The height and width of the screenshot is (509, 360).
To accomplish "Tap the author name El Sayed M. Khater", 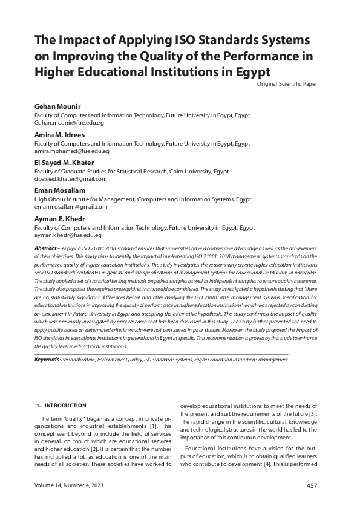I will pos(67,163).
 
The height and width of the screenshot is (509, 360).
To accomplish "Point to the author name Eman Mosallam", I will pos(60,191).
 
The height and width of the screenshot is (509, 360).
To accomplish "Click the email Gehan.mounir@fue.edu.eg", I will pos(69,123).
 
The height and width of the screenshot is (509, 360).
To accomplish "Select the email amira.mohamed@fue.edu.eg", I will pos(71,151).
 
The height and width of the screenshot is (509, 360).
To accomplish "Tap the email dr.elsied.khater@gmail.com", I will pos(70,179).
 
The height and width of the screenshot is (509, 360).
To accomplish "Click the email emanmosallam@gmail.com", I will pos(71,207).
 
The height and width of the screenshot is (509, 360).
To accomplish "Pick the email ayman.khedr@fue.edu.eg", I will pos(68,235).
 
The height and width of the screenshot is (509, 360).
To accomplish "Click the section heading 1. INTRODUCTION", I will pos(62,405).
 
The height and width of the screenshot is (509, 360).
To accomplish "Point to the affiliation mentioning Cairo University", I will pos(132,171).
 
